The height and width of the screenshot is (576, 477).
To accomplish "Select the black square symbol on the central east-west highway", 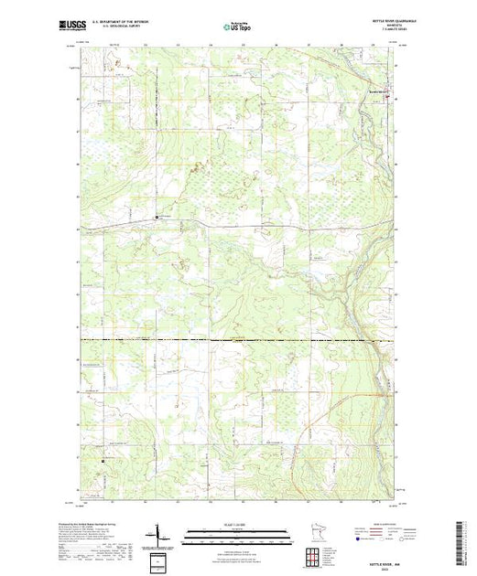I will tap(156, 218).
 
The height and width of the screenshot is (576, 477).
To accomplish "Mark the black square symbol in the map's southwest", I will tap(103, 461).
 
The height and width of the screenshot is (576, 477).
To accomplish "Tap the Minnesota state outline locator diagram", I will tap(315, 534).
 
